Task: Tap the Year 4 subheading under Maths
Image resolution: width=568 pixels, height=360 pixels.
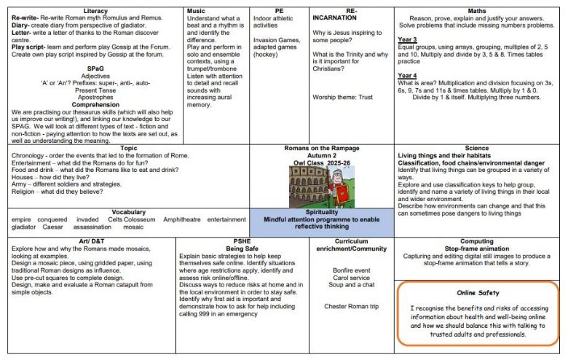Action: coord(408,75)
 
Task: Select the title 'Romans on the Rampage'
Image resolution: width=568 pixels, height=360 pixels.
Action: coord(322,149)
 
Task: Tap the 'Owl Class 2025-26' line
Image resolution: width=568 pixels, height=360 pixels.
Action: coord(322,164)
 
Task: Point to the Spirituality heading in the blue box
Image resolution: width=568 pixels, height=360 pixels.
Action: coord(322,212)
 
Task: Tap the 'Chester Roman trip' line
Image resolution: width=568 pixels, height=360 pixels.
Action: coord(351,306)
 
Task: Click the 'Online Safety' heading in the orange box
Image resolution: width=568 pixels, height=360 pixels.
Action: coord(478,292)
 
